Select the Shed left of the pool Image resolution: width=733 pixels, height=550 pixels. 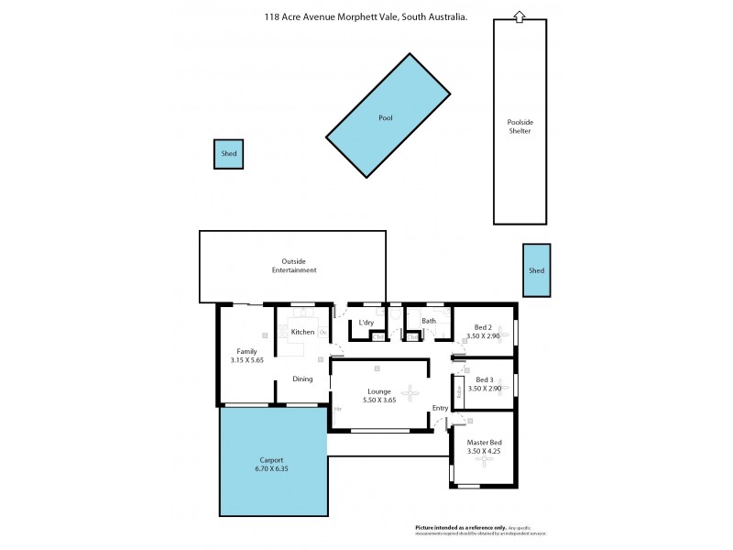pyautogui.click(x=228, y=154)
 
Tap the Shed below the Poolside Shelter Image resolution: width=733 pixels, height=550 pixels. pyautogui.click(x=536, y=270)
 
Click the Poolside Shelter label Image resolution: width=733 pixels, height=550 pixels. pyautogui.click(x=520, y=126)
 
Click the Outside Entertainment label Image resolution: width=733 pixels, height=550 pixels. pyautogui.click(x=294, y=266)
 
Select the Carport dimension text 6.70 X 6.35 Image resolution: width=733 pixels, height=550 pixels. pyautogui.click(x=272, y=468)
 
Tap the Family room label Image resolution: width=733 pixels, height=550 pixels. pyautogui.click(x=246, y=351)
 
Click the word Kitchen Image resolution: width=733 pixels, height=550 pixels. pyautogui.click(x=302, y=332)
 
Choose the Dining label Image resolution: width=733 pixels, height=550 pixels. pyautogui.click(x=302, y=379)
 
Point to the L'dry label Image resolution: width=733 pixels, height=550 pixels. pyautogui.click(x=366, y=323)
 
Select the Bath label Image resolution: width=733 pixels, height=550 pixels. pyautogui.click(x=428, y=321)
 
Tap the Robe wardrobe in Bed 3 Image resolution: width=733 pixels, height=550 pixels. pyautogui.click(x=459, y=390)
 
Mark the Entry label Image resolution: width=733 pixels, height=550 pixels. pyautogui.click(x=441, y=408)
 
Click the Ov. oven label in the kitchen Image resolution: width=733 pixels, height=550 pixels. pyautogui.click(x=323, y=332)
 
